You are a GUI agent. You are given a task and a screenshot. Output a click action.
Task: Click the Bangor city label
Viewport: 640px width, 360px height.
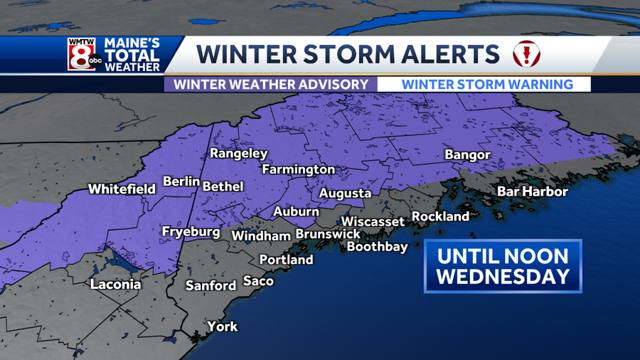(x=467, y=154)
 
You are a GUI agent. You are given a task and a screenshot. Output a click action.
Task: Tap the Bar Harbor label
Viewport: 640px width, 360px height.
(x=532, y=191)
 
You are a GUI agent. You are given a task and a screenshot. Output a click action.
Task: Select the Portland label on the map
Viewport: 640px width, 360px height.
(x=286, y=260)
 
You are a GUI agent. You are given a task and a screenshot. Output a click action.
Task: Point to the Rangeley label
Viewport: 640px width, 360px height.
(x=238, y=154)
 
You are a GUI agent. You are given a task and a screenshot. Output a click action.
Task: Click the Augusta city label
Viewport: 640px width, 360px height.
(x=345, y=193)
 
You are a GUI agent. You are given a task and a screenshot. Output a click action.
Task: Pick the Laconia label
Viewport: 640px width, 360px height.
(x=115, y=285)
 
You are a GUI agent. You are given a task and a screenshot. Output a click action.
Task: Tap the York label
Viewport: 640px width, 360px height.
(x=222, y=327)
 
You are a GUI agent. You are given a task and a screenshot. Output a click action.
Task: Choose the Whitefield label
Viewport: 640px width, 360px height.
(x=122, y=189)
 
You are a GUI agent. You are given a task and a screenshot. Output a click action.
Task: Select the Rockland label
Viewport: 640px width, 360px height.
(x=440, y=216)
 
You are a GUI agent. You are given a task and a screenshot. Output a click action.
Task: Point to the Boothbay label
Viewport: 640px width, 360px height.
(x=377, y=247)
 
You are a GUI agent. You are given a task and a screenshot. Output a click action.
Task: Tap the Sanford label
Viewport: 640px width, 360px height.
(x=210, y=285)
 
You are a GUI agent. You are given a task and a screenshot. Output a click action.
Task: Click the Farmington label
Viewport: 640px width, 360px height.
(x=298, y=169)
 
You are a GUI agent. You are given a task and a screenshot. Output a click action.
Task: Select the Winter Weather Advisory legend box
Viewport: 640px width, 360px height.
(x=271, y=84)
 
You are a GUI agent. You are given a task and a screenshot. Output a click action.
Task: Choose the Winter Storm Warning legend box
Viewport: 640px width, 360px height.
(x=487, y=84)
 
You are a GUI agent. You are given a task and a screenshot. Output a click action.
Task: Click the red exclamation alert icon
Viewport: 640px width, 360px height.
(x=527, y=54)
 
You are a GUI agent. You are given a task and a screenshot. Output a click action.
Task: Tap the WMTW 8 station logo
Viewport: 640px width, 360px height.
(x=81, y=54)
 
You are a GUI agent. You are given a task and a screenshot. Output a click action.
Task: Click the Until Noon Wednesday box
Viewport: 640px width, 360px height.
(x=503, y=266)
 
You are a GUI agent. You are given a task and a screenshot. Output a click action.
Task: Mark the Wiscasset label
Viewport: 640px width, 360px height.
(x=373, y=221)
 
